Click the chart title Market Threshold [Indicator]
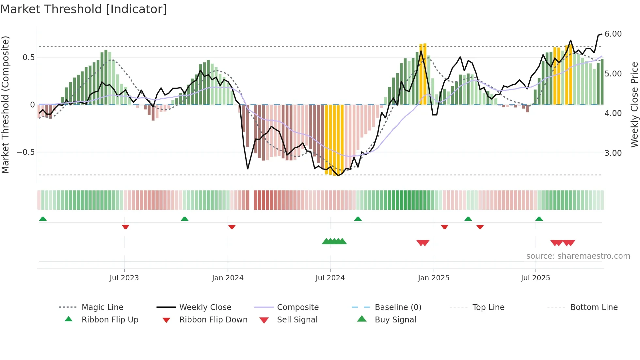pos(84,9)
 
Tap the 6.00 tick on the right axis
pos(613,34)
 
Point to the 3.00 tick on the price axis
pos(613,153)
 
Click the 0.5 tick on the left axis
pos(28,57)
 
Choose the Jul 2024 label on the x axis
pos(330,278)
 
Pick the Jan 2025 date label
pos(433,278)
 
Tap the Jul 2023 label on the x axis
pos(124,278)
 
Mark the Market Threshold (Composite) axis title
pos(5,105)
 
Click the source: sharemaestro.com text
pos(578,256)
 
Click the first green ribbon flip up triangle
pos(43,219)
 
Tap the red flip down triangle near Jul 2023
pos(125,227)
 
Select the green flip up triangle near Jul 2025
pos(539,219)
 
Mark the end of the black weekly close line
pos(601,34)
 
